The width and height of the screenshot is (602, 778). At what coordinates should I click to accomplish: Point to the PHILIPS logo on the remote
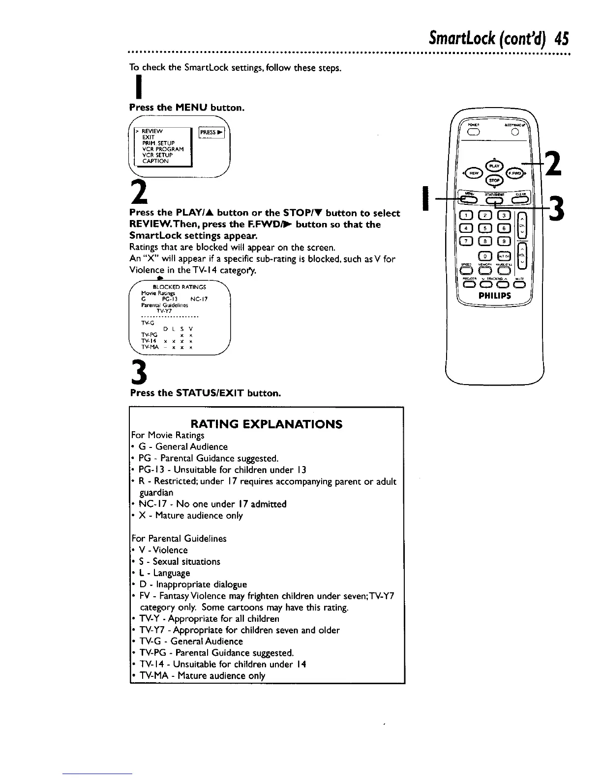click(x=495, y=296)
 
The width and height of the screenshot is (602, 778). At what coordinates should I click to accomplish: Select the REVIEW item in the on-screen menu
click(x=152, y=131)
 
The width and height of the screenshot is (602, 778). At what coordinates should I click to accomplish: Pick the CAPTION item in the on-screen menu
click(x=155, y=161)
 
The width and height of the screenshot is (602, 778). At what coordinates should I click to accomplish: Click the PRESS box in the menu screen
click(x=211, y=132)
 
